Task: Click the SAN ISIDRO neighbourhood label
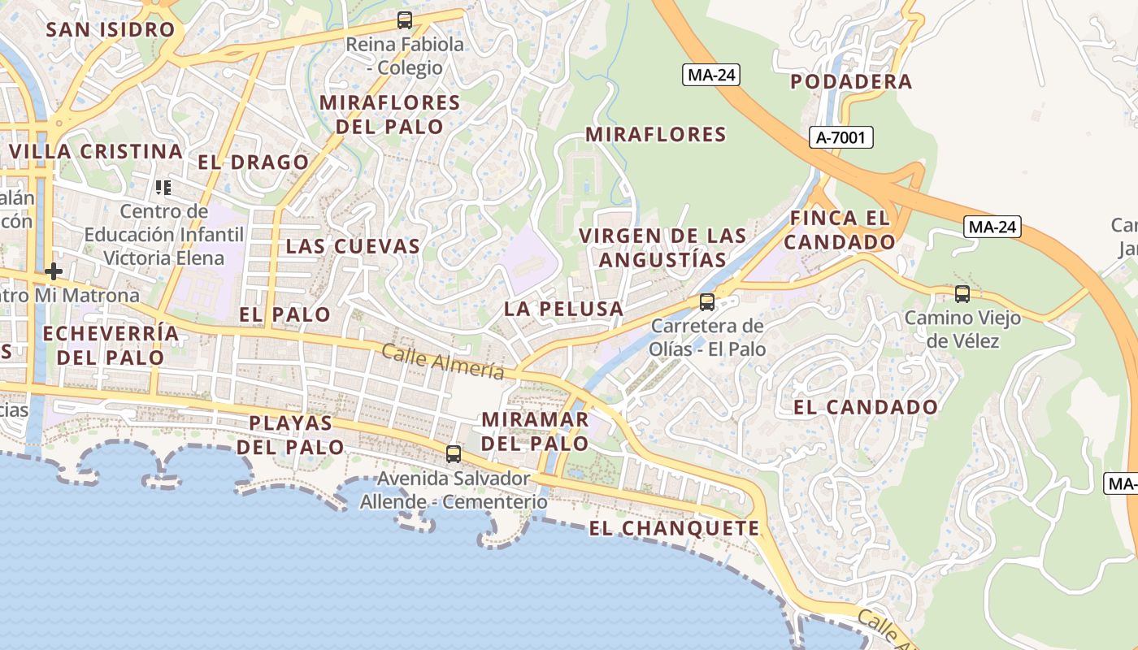point(111,30)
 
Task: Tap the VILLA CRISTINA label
point(96,152)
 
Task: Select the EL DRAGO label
point(253,162)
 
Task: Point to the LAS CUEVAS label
point(353,246)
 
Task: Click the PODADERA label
point(851,82)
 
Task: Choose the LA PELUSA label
point(563,309)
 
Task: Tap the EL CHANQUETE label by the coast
point(674,529)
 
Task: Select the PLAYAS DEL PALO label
point(290,435)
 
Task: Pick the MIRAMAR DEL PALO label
point(535,431)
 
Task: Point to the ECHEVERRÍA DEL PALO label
point(111,345)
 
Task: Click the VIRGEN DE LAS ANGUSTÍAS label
point(662,248)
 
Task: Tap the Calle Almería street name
point(442,362)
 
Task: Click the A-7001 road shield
point(841,138)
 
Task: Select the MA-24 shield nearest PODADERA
point(711,76)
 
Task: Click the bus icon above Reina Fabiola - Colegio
point(404,20)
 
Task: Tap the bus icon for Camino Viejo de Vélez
point(962,294)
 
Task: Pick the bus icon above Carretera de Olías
point(707,302)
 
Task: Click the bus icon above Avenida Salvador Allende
point(454,453)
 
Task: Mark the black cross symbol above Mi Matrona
point(54,271)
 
